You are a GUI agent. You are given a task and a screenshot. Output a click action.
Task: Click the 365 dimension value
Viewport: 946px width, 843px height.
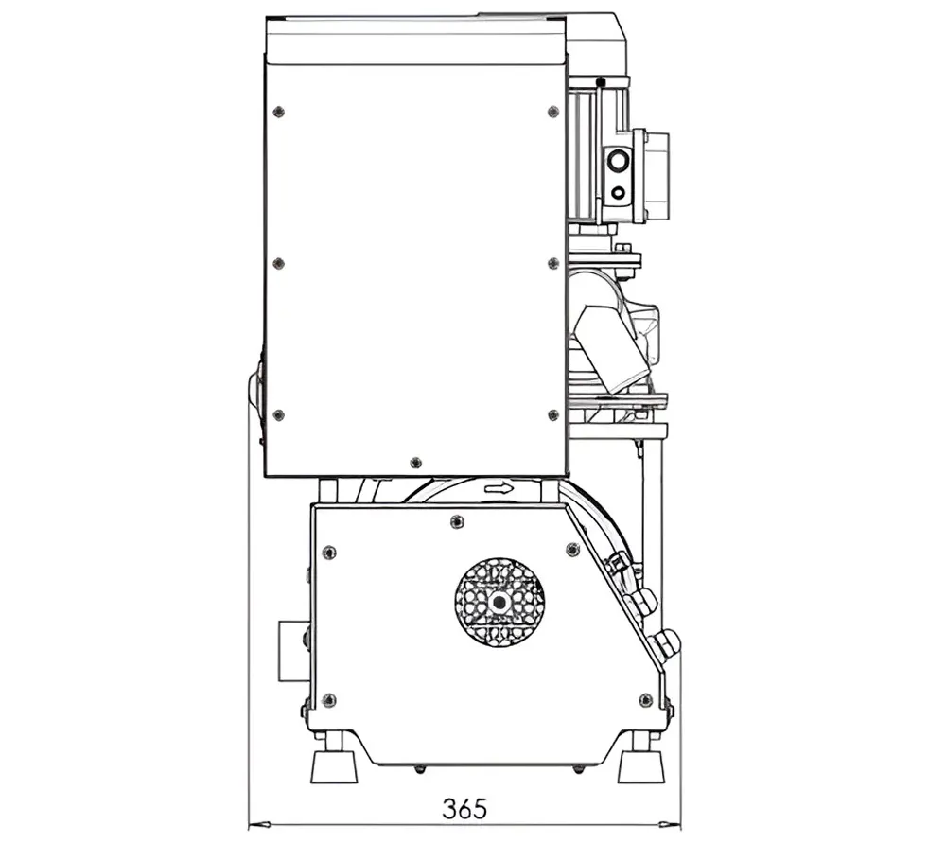464,809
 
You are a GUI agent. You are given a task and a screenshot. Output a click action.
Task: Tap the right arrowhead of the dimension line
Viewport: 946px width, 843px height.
671,823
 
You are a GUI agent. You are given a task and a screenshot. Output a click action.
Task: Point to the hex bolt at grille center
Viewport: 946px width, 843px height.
499,603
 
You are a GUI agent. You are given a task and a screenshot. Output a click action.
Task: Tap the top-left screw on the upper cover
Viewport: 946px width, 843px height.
279,112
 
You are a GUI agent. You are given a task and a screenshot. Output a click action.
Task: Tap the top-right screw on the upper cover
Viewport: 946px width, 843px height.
553,112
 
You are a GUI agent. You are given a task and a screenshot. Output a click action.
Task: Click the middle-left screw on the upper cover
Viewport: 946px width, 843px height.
279,263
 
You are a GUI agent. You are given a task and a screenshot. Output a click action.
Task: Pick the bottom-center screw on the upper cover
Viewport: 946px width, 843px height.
415,463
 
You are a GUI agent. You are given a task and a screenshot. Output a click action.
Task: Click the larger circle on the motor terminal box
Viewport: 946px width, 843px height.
618,161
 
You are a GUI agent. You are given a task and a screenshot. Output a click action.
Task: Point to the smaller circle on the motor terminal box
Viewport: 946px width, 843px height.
618,192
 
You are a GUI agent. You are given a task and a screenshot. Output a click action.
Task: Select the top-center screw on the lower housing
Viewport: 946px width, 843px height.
457,520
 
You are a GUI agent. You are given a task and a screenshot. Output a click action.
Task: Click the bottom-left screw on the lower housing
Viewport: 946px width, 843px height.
329,700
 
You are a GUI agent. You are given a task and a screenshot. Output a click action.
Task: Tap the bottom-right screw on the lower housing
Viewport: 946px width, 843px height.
645,700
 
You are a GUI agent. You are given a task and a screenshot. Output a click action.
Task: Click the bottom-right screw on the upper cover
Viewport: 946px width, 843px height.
553,415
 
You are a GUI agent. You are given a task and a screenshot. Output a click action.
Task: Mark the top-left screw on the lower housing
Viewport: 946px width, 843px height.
329,553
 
